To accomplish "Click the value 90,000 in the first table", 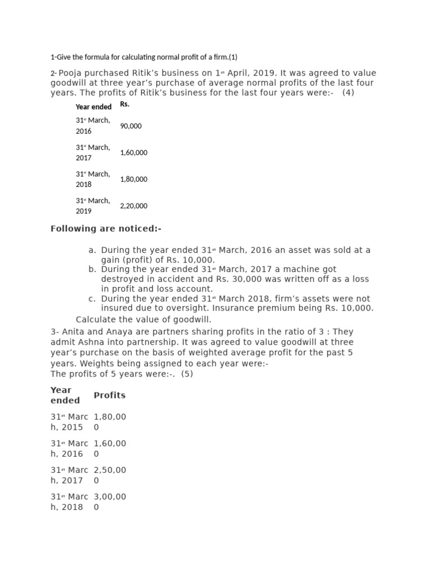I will point(131,126).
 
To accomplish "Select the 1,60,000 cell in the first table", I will point(134,153).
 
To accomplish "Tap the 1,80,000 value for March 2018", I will point(134,180).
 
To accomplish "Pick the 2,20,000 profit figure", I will point(134,206).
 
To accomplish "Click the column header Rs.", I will point(125,105).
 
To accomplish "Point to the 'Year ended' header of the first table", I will point(94,107).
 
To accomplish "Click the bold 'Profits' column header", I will point(110,395).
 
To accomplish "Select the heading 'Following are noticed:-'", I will point(106,229).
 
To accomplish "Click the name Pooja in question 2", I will point(72,73).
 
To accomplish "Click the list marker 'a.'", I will point(92,250).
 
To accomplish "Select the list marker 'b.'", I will point(92,270).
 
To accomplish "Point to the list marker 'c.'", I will point(92,299).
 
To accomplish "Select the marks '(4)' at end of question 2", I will point(349,92).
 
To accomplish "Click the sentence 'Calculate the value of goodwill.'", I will point(144,320).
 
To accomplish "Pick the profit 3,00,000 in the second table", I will point(110,501).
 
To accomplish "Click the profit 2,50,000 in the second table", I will point(110,475).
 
